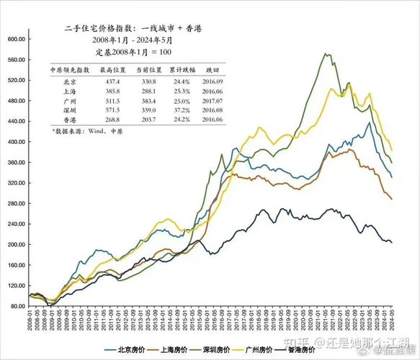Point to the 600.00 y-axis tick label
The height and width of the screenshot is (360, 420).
17,39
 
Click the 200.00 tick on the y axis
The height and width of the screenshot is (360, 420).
17,245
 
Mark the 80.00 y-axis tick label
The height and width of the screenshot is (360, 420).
18,307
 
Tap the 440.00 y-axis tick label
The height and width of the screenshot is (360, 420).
17,122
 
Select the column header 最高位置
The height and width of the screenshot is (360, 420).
112,70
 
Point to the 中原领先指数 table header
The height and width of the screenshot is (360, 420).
69,70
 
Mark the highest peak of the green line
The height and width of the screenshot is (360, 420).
326,54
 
